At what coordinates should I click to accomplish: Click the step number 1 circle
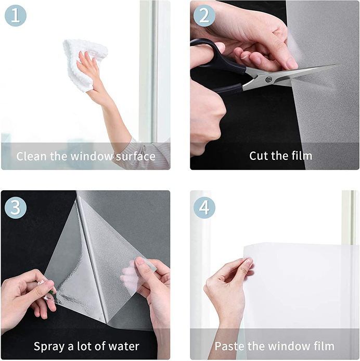pos(16,16)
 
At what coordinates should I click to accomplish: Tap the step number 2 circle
pos(204,16)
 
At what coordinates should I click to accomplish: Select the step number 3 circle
pos(16,207)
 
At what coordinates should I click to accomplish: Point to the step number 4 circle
pos(204,207)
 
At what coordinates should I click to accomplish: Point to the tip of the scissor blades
pos(339,65)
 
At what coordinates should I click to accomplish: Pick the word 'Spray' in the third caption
pos(49,347)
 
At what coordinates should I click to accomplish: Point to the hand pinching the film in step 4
pos(227,283)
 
